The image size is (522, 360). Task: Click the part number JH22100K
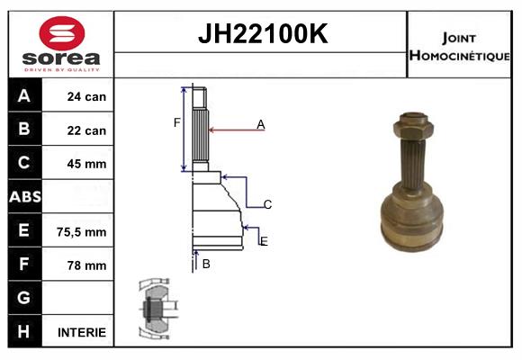[x=261, y=35]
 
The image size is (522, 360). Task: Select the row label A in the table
[x=24, y=96]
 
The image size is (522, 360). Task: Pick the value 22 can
[x=86, y=130]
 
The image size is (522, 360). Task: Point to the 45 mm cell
[x=86, y=164]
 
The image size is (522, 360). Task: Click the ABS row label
[x=24, y=197]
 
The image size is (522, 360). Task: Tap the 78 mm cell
[x=86, y=265]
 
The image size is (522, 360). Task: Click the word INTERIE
[x=82, y=332]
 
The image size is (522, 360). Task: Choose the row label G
[x=24, y=298]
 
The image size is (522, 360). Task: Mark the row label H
[x=24, y=331]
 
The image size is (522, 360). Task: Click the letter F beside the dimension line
[x=177, y=122]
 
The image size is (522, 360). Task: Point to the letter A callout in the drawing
[x=261, y=124]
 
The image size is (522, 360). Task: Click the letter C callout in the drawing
[x=267, y=205]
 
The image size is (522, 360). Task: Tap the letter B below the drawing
[x=206, y=264]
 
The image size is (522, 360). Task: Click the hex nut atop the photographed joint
[x=412, y=121]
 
